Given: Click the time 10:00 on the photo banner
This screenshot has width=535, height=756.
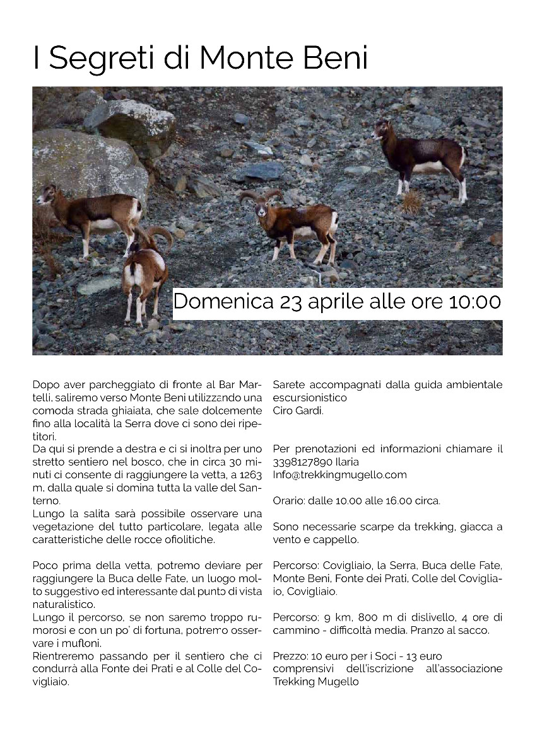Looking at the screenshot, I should (474, 302).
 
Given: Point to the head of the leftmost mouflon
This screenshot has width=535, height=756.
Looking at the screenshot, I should (46, 195).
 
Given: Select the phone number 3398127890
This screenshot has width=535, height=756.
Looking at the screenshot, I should (300, 462).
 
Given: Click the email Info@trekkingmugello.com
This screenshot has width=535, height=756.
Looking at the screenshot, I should (339, 475).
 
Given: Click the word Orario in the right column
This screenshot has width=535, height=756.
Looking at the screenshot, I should (288, 501).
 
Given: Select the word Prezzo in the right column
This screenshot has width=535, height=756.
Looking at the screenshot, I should (288, 656).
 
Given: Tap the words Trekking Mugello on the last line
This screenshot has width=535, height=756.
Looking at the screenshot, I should (315, 682).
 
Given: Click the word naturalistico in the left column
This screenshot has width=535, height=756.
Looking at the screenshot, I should (62, 604).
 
